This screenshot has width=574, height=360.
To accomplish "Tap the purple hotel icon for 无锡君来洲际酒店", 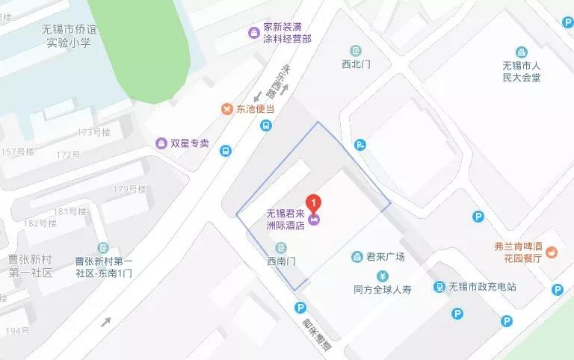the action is point(315,219).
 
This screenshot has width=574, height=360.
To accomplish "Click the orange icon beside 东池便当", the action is point(226,109).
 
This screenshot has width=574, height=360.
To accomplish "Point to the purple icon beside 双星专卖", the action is point(160,143).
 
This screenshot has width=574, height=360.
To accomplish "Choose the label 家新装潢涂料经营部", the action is point(286,32).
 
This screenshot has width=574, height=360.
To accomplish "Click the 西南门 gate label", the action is point(282,261).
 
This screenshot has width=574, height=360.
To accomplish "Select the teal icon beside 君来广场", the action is point(357,257).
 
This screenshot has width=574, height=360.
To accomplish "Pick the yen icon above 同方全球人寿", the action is point(381,273).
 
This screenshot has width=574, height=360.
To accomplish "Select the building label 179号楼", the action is point(131,189).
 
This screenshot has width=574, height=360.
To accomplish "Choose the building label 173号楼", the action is point(93,132).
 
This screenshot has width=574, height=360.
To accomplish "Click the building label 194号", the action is point(17,330).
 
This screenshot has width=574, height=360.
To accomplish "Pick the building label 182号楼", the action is point(41,223).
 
